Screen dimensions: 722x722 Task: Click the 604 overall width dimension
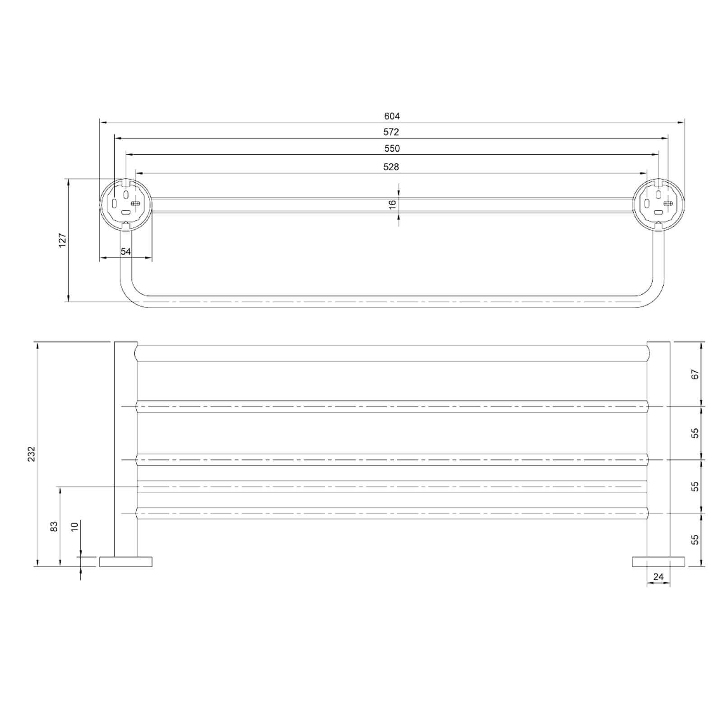pyautogui.click(x=392, y=116)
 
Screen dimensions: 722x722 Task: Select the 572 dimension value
pyautogui.click(x=391, y=132)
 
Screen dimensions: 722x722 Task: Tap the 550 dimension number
pyautogui.click(x=392, y=148)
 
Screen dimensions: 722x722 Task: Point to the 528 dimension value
pyautogui.click(x=391, y=167)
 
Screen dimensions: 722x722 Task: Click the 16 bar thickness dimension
pyautogui.click(x=392, y=204)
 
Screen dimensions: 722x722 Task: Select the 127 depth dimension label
pyautogui.click(x=62, y=240)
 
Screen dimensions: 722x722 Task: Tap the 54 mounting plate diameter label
pyautogui.click(x=125, y=251)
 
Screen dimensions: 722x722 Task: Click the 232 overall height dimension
pyautogui.click(x=31, y=454)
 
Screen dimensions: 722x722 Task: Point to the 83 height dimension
pyautogui.click(x=54, y=527)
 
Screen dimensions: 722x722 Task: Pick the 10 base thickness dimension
pyautogui.click(x=75, y=526)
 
